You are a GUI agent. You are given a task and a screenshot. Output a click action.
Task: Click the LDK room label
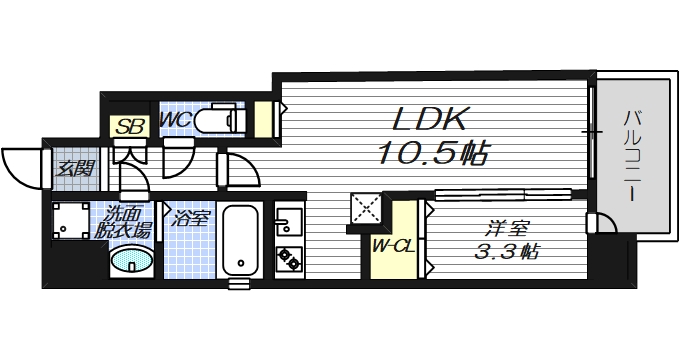[x=429, y=120]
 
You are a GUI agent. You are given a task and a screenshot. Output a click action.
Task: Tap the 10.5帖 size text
[x=434, y=153]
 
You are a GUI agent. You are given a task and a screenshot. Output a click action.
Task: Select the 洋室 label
[x=507, y=229]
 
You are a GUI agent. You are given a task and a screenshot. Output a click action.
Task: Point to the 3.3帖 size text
[x=507, y=251]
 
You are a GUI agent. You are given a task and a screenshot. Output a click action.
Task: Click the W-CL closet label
[x=394, y=247]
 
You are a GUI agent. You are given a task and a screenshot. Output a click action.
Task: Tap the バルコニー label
[x=633, y=156]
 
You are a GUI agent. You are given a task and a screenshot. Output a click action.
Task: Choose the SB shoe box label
[x=130, y=127]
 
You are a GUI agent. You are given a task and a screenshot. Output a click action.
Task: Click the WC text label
[x=175, y=120]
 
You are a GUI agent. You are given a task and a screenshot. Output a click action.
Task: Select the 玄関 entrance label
[x=76, y=168]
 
